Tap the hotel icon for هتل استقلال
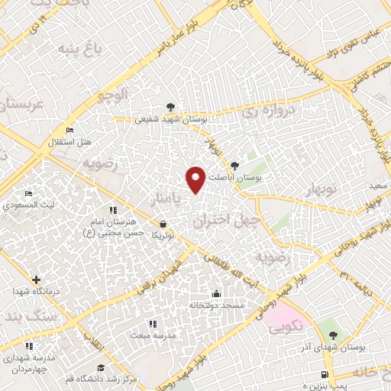(x=71, y=131)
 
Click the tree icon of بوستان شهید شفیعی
(x=170, y=107)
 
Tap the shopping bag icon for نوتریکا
(x=162, y=225)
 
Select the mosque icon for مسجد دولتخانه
(x=216, y=293)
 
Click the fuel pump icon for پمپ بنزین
(x=327, y=374)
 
